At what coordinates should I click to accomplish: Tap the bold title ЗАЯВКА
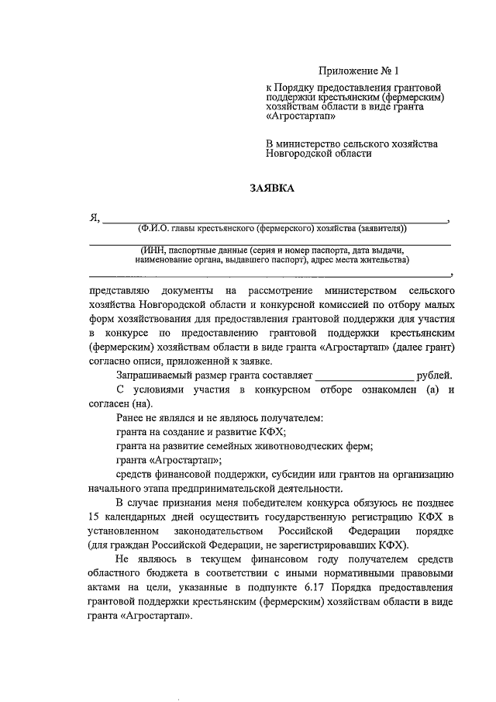[270, 188]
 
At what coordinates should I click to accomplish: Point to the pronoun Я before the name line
[94, 219]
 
